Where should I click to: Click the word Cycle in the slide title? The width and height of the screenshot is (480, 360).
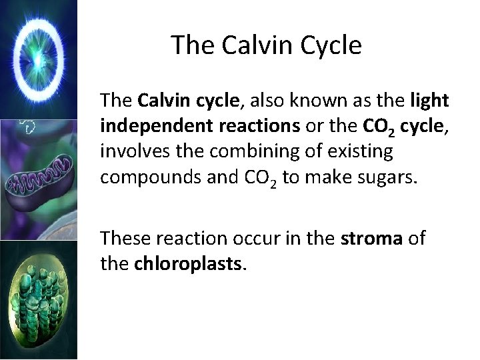pyautogui.click(x=329, y=45)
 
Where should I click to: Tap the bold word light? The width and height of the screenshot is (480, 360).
pyautogui.click(x=431, y=101)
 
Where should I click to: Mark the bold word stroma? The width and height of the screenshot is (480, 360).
pyautogui.click(x=371, y=238)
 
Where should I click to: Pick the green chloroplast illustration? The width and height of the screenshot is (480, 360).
pyautogui.click(x=38, y=299)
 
